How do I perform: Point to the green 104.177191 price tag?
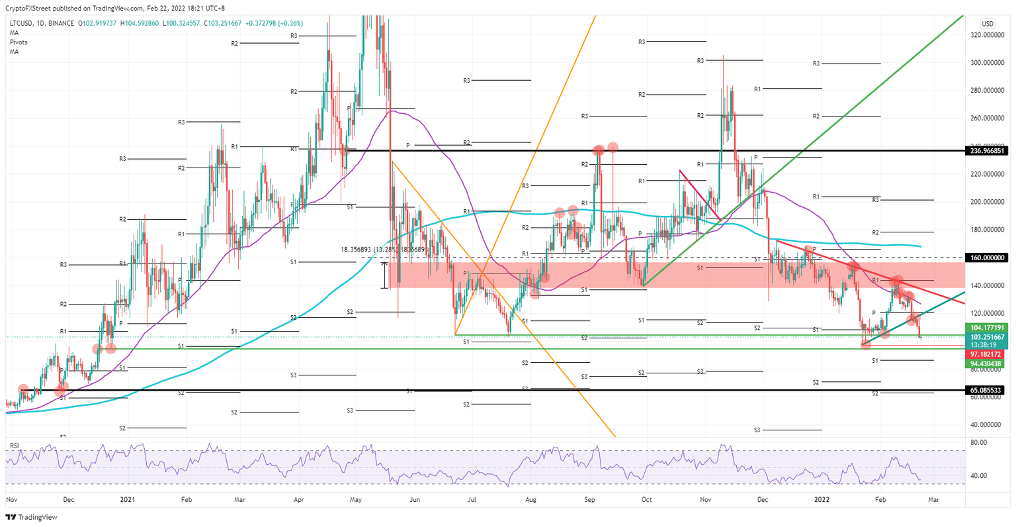coord(987,327)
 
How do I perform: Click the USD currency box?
coord(987,24)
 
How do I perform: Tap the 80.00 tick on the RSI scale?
coord(978,442)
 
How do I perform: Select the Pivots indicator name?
coord(19,42)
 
